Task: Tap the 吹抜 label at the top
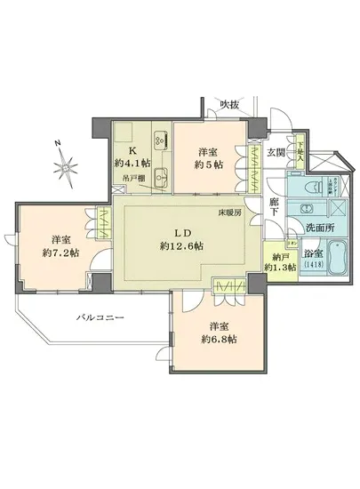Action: click(230, 105)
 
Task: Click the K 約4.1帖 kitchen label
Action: click(136, 156)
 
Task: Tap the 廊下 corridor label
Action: click(276, 210)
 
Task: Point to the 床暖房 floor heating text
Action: click(233, 213)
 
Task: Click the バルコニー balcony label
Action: click(98, 317)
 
